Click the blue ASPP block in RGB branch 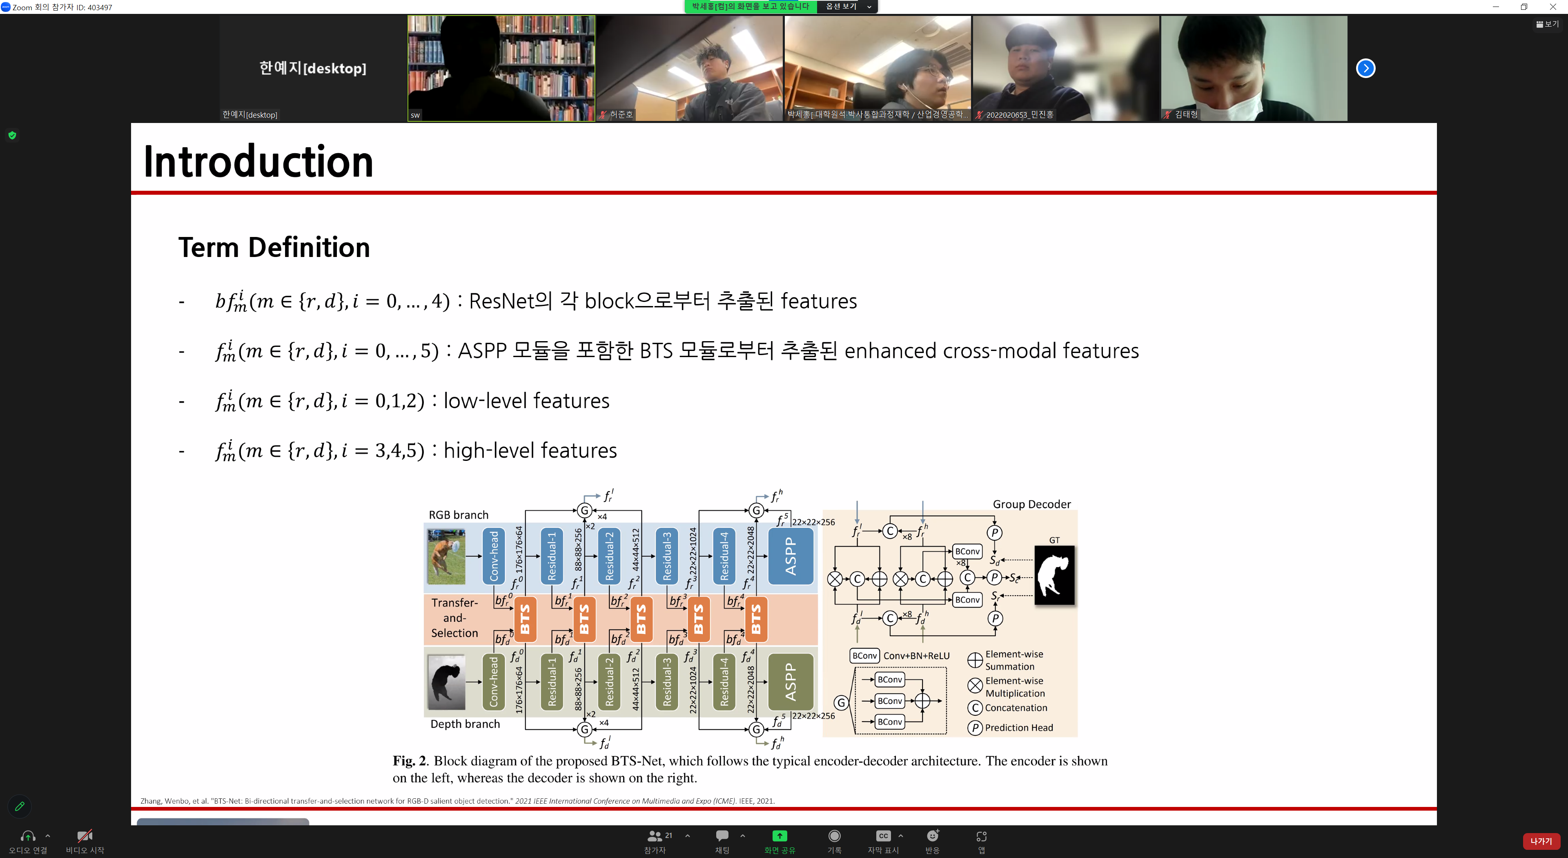[x=791, y=556]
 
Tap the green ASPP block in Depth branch [x=791, y=681]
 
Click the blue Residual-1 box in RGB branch [x=552, y=556]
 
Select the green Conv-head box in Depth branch [x=494, y=681]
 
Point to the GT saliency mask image [x=1054, y=575]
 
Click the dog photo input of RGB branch [x=446, y=556]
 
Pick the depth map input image [x=446, y=681]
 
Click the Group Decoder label [x=1032, y=504]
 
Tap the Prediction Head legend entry [x=1018, y=728]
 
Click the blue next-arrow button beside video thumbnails [x=1365, y=68]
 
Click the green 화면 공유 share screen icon [x=779, y=836]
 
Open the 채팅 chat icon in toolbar [x=722, y=836]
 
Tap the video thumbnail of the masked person [x=1254, y=68]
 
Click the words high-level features [x=530, y=451]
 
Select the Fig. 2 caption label [x=410, y=761]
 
